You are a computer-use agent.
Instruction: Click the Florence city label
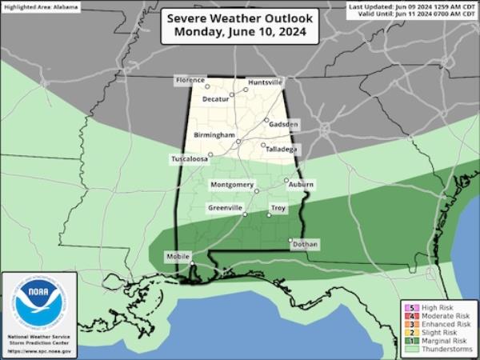click(191, 81)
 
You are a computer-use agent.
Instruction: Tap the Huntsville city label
click(265, 82)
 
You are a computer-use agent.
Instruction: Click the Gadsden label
click(284, 125)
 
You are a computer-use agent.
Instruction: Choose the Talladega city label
click(281, 149)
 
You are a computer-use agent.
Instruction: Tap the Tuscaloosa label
click(189, 159)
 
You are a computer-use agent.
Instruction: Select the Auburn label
click(301, 185)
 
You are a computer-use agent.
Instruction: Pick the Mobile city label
click(178, 256)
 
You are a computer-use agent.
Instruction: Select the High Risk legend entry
click(438, 306)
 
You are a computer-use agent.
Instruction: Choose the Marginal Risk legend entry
click(442, 341)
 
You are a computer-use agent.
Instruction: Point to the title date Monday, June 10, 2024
click(239, 34)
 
